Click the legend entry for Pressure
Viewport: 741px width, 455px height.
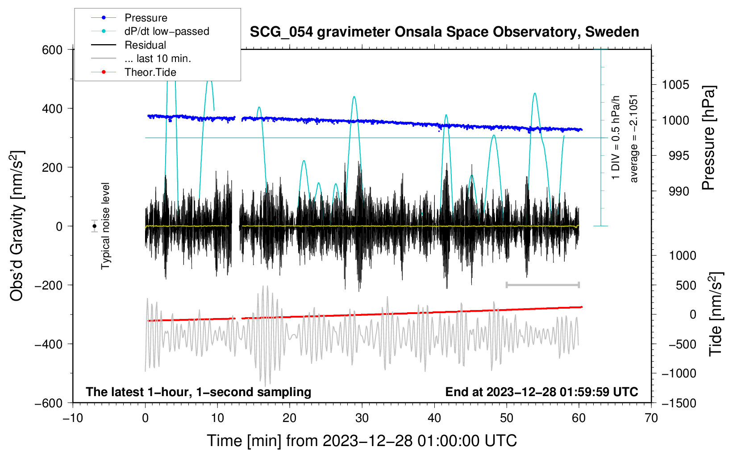(x=146, y=18)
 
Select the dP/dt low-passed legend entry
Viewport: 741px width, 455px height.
(x=167, y=31)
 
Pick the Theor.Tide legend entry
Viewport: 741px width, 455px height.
(x=150, y=72)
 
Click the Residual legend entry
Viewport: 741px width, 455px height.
(x=145, y=45)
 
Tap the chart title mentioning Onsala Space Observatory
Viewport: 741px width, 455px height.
(x=444, y=32)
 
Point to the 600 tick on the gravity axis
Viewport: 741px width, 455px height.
(x=52, y=50)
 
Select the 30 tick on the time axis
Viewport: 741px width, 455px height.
(x=362, y=418)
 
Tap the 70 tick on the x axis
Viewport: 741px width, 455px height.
(x=651, y=418)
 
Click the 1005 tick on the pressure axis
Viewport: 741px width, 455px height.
(x=675, y=85)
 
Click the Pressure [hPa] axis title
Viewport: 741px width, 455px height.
(x=708, y=138)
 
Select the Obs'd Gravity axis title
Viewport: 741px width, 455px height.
(x=17, y=226)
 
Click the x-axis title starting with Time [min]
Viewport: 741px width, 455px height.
(x=362, y=441)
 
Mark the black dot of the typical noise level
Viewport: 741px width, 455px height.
(x=94, y=226)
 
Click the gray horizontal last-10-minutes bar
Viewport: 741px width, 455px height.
(x=542, y=285)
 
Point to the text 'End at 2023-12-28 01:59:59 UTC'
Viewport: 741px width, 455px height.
(x=541, y=392)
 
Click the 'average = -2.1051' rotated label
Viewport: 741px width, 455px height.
(x=633, y=138)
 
